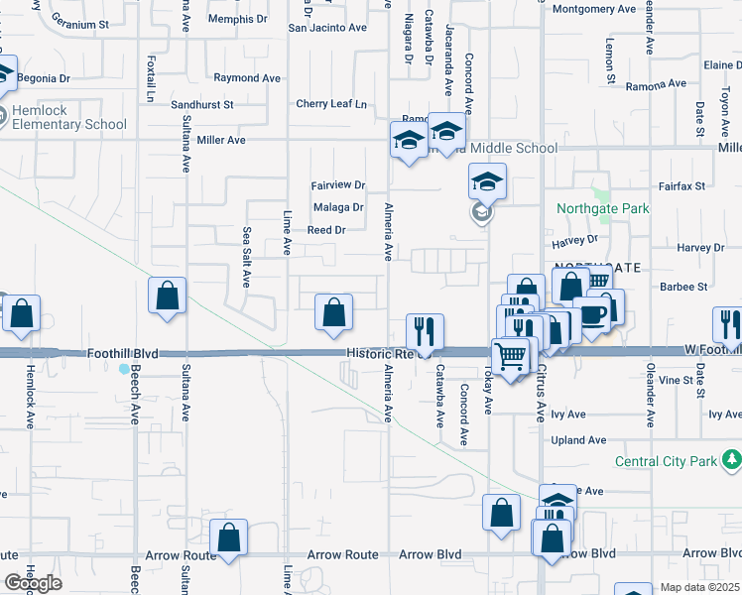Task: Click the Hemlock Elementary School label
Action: (69, 117)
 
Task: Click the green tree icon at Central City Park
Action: (732, 460)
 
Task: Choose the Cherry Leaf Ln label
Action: (330, 104)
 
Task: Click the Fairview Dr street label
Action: (338, 185)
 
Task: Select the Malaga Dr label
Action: (338, 207)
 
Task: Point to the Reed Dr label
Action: (325, 230)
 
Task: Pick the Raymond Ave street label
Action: (247, 77)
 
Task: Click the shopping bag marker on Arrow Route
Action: (229, 538)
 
